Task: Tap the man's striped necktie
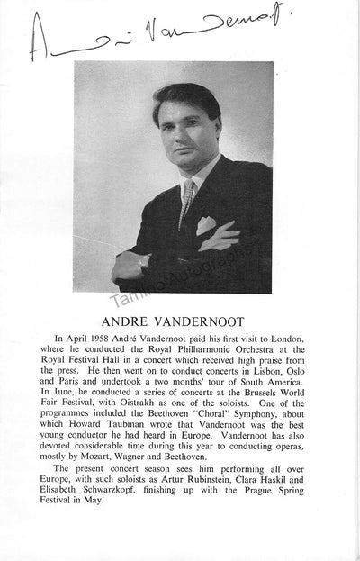click(x=185, y=203)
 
